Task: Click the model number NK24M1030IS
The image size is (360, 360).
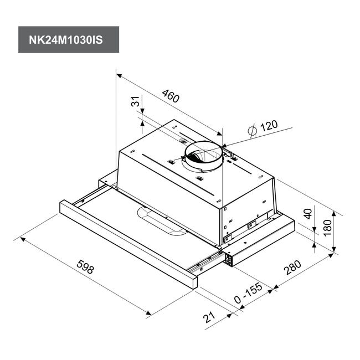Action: [66, 40]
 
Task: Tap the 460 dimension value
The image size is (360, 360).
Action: [171, 96]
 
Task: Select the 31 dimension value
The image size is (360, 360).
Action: [136, 101]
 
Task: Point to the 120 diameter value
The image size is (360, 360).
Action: [269, 126]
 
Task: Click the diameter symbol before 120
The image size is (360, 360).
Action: [253, 130]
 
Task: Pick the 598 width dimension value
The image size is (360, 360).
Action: [85, 267]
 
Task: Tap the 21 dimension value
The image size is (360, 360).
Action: [209, 317]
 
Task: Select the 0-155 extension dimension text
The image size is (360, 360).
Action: [248, 293]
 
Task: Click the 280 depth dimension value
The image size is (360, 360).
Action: [292, 268]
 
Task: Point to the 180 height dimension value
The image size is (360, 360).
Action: [327, 228]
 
